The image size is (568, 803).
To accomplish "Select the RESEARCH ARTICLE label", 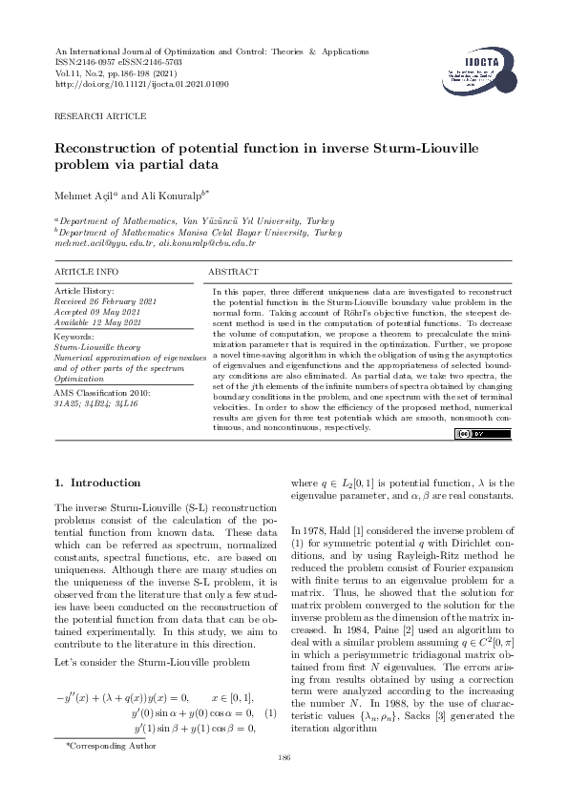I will tap(100, 115).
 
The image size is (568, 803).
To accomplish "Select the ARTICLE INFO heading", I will tap(87, 272).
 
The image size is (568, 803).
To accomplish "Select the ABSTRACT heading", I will tap(233, 272).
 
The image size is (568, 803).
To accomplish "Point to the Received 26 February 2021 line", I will tap(106, 300).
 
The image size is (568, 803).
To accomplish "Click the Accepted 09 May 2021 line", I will tap(99, 310).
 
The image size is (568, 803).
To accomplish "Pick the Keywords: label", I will tap(74, 337).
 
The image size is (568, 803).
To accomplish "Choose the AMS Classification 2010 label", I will tap(109, 392).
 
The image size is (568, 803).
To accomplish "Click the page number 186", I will tap(283, 757).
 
